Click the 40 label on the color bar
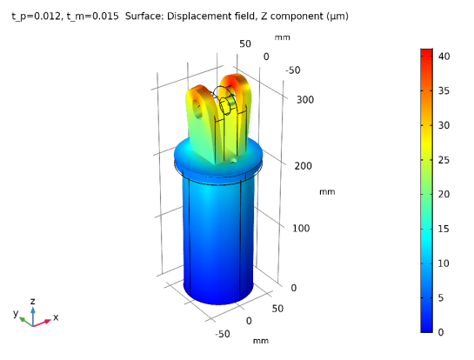point(444,57)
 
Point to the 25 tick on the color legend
point(444,160)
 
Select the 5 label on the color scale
point(441,298)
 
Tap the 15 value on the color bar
point(444,229)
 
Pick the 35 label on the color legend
point(444,90)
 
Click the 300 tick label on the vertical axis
point(305,100)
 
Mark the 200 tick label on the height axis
point(304,165)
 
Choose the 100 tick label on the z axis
point(301,228)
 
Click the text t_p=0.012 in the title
point(37,16)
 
